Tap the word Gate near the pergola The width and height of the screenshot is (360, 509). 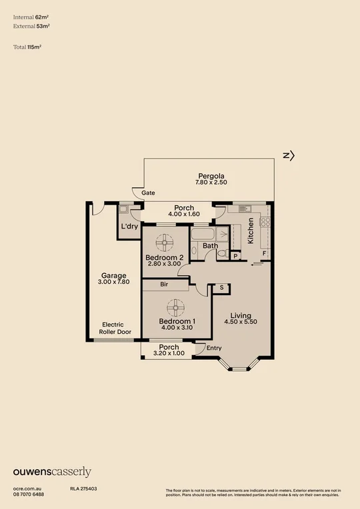coord(148,193)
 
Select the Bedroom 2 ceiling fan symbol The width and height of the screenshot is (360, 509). coord(164,242)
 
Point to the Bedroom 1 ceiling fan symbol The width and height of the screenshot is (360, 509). coord(176,307)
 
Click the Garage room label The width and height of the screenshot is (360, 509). coord(114,275)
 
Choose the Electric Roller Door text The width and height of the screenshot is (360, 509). coord(115,327)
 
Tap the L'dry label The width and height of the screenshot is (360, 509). coord(129,227)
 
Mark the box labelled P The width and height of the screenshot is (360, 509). coord(236,255)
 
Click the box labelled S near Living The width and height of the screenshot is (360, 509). coord(221,288)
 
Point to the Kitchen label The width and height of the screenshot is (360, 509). coord(251,231)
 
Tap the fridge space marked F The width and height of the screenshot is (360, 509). coord(264,254)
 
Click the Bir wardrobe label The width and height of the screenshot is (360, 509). coord(164,284)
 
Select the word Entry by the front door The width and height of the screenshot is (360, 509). coord(214,348)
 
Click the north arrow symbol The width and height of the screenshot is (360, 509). coord(288,155)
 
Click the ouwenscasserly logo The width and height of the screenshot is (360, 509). coord(52,472)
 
